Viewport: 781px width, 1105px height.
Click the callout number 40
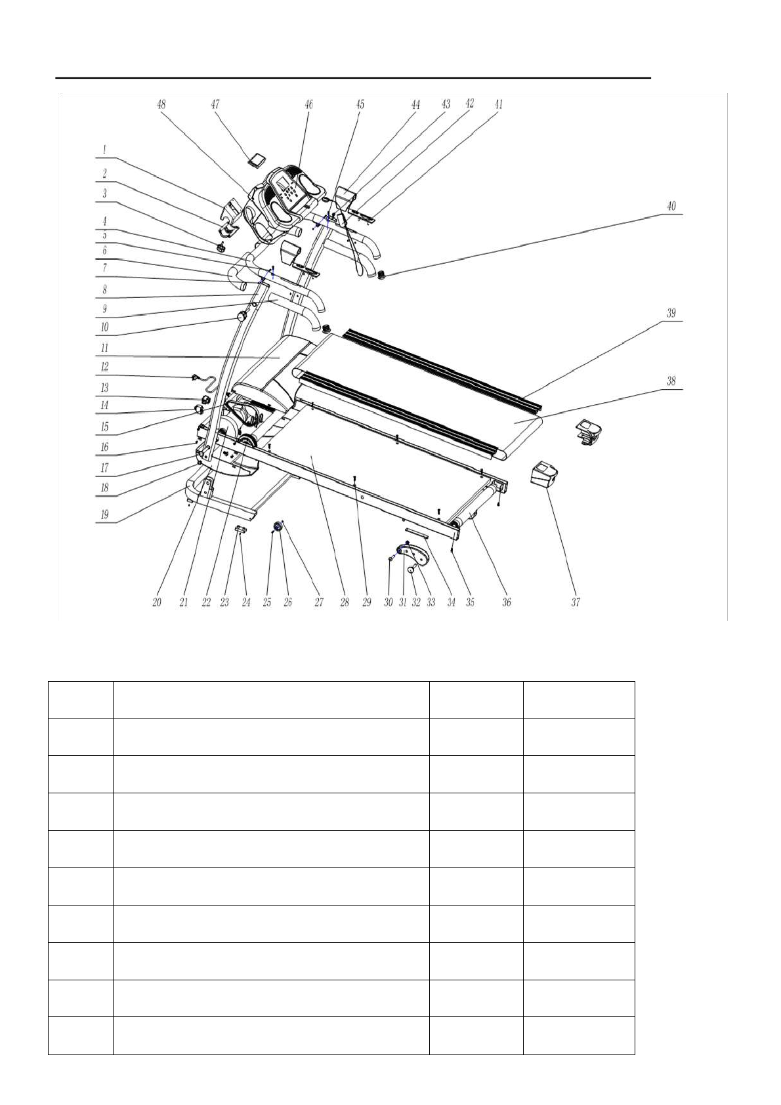pyautogui.click(x=671, y=206)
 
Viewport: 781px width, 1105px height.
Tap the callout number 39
pyautogui.click(x=671, y=313)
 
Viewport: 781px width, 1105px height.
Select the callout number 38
pyautogui.click(x=671, y=381)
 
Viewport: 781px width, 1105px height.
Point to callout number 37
pyautogui.click(x=576, y=602)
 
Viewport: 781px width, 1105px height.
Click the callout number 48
pyautogui.click(x=161, y=104)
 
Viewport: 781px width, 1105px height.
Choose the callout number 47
pyautogui.click(x=215, y=104)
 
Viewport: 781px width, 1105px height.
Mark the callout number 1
pyautogui.click(x=104, y=150)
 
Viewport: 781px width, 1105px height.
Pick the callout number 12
pyautogui.click(x=104, y=367)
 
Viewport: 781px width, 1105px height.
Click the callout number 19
pyautogui.click(x=104, y=515)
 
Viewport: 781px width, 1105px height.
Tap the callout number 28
pyautogui.click(x=345, y=602)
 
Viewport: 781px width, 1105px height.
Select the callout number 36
pyautogui.click(x=507, y=602)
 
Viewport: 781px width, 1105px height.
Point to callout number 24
pyautogui.click(x=246, y=602)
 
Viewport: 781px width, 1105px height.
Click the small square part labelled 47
pyautogui.click(x=257, y=158)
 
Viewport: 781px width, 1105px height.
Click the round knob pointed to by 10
pyautogui.click(x=243, y=317)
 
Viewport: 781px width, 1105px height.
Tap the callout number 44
pyautogui.click(x=415, y=104)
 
